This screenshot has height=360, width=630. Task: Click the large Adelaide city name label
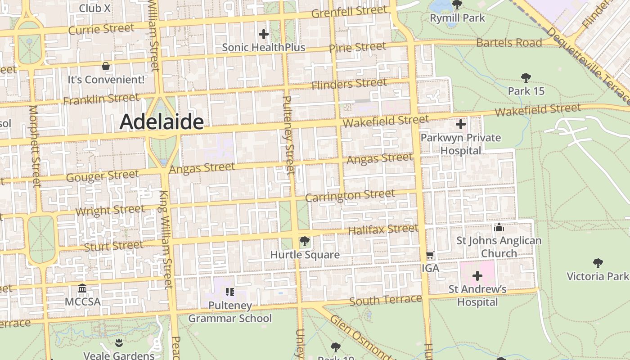tap(162, 121)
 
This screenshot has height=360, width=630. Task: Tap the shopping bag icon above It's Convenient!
tap(106, 67)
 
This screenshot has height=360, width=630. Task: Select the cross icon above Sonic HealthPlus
tap(264, 34)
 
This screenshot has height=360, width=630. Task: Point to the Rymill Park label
tap(457, 18)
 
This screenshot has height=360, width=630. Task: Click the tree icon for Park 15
tap(526, 78)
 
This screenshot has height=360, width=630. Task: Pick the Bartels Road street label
tap(508, 43)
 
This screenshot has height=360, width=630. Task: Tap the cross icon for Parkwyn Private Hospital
tap(461, 124)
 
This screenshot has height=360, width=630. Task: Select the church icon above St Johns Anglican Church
tap(499, 228)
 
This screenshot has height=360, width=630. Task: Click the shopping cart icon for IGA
tap(430, 255)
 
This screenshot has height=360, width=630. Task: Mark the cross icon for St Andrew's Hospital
tap(477, 276)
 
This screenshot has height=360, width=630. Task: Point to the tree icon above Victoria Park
tap(598, 263)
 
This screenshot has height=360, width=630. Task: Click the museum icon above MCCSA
tap(82, 288)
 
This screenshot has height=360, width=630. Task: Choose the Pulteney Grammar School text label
tap(230, 312)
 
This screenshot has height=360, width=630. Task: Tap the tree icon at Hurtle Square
tap(305, 242)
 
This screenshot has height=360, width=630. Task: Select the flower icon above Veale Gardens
tap(118, 343)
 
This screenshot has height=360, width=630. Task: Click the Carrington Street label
tap(350, 196)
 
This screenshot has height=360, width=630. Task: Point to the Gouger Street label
tap(103, 176)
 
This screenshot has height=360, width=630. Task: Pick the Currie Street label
tap(101, 29)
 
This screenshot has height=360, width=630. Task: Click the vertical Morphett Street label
tap(34, 146)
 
